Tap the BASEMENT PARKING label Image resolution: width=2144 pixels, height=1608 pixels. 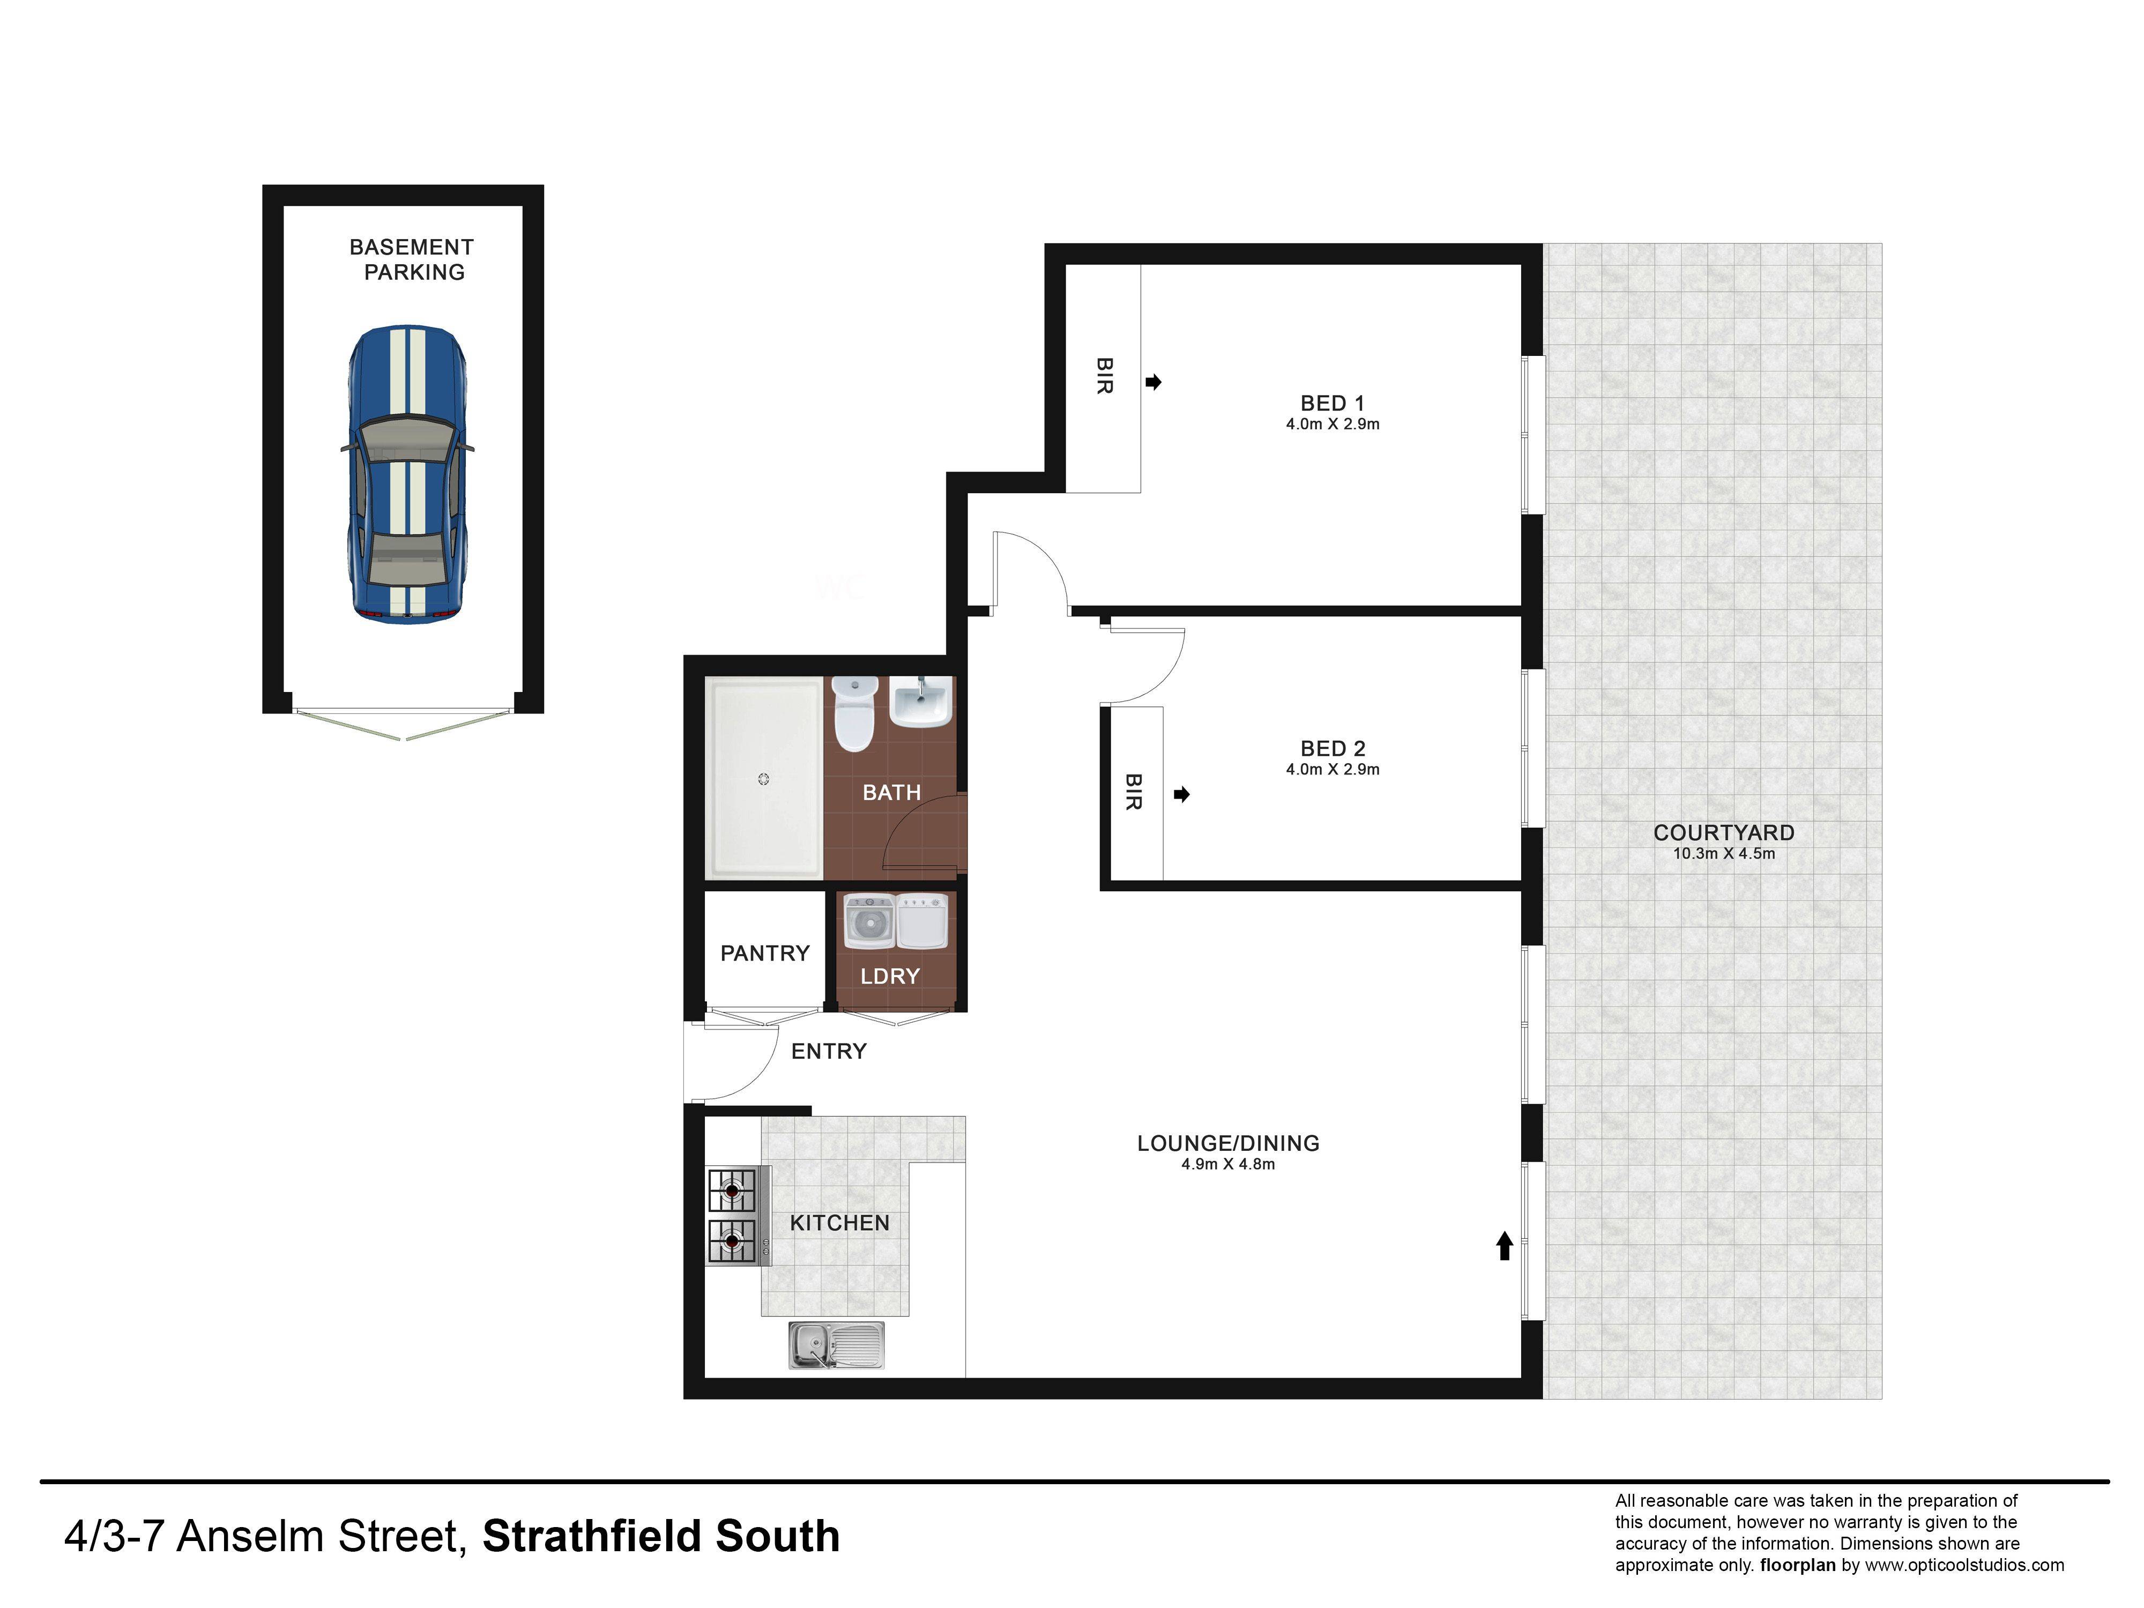[x=412, y=260]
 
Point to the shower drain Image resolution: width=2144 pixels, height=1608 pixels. [x=764, y=779]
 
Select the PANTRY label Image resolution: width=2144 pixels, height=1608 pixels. [x=765, y=954]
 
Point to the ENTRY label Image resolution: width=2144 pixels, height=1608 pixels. [x=829, y=1052]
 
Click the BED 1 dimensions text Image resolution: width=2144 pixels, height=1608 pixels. [x=1332, y=425]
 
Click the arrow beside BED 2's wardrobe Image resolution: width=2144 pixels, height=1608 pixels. [x=1181, y=795]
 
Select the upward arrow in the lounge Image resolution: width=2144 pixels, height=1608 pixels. [x=1505, y=1246]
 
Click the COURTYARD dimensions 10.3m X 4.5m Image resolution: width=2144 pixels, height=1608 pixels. [x=1724, y=854]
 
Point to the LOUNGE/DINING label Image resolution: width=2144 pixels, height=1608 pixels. [x=1228, y=1144]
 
